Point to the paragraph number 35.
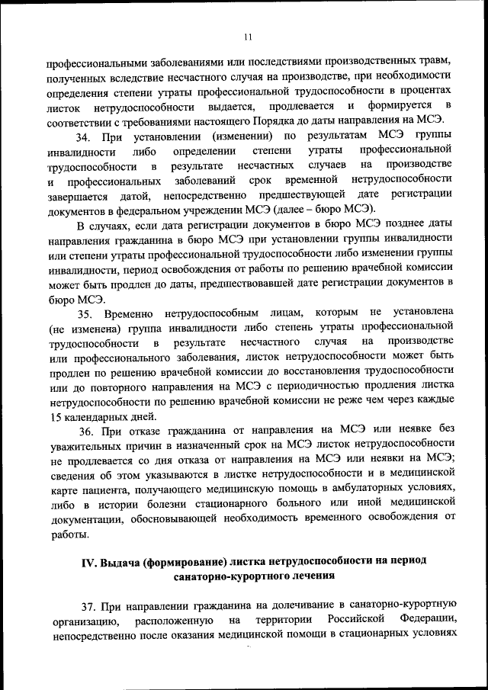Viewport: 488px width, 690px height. click(x=85, y=312)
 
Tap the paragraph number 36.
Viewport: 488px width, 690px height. click(x=85, y=431)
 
